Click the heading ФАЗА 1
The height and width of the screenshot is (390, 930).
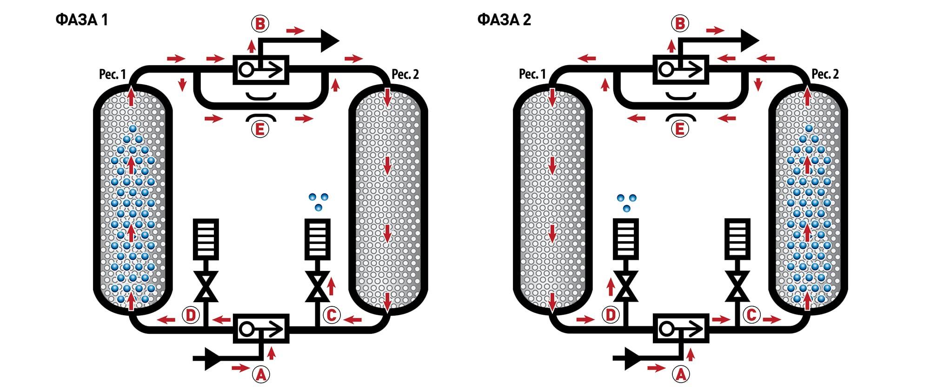(x=82, y=20)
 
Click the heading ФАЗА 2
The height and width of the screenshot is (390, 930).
(x=504, y=20)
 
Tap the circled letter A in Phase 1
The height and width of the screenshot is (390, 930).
(x=261, y=374)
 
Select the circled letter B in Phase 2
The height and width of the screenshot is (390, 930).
(x=680, y=23)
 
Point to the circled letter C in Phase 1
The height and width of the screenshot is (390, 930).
(x=332, y=315)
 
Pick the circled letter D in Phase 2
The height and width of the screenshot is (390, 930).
(x=611, y=315)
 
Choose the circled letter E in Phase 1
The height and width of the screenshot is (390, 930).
(x=260, y=129)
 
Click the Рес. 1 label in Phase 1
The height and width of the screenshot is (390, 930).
(x=113, y=74)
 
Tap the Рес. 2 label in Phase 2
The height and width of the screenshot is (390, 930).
(x=825, y=74)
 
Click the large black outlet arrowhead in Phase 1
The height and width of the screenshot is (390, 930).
(x=329, y=41)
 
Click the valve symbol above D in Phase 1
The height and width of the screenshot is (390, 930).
(x=206, y=286)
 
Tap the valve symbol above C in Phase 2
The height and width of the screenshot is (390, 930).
(x=737, y=286)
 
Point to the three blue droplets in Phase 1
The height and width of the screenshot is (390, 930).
(x=318, y=201)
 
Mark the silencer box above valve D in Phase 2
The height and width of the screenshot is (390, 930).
(x=625, y=239)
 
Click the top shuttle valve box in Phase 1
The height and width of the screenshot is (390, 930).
(x=260, y=70)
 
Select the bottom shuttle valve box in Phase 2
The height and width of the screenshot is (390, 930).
(x=681, y=329)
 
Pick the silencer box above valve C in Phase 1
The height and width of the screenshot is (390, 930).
(x=318, y=239)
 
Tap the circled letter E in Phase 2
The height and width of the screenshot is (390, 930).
(x=680, y=129)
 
